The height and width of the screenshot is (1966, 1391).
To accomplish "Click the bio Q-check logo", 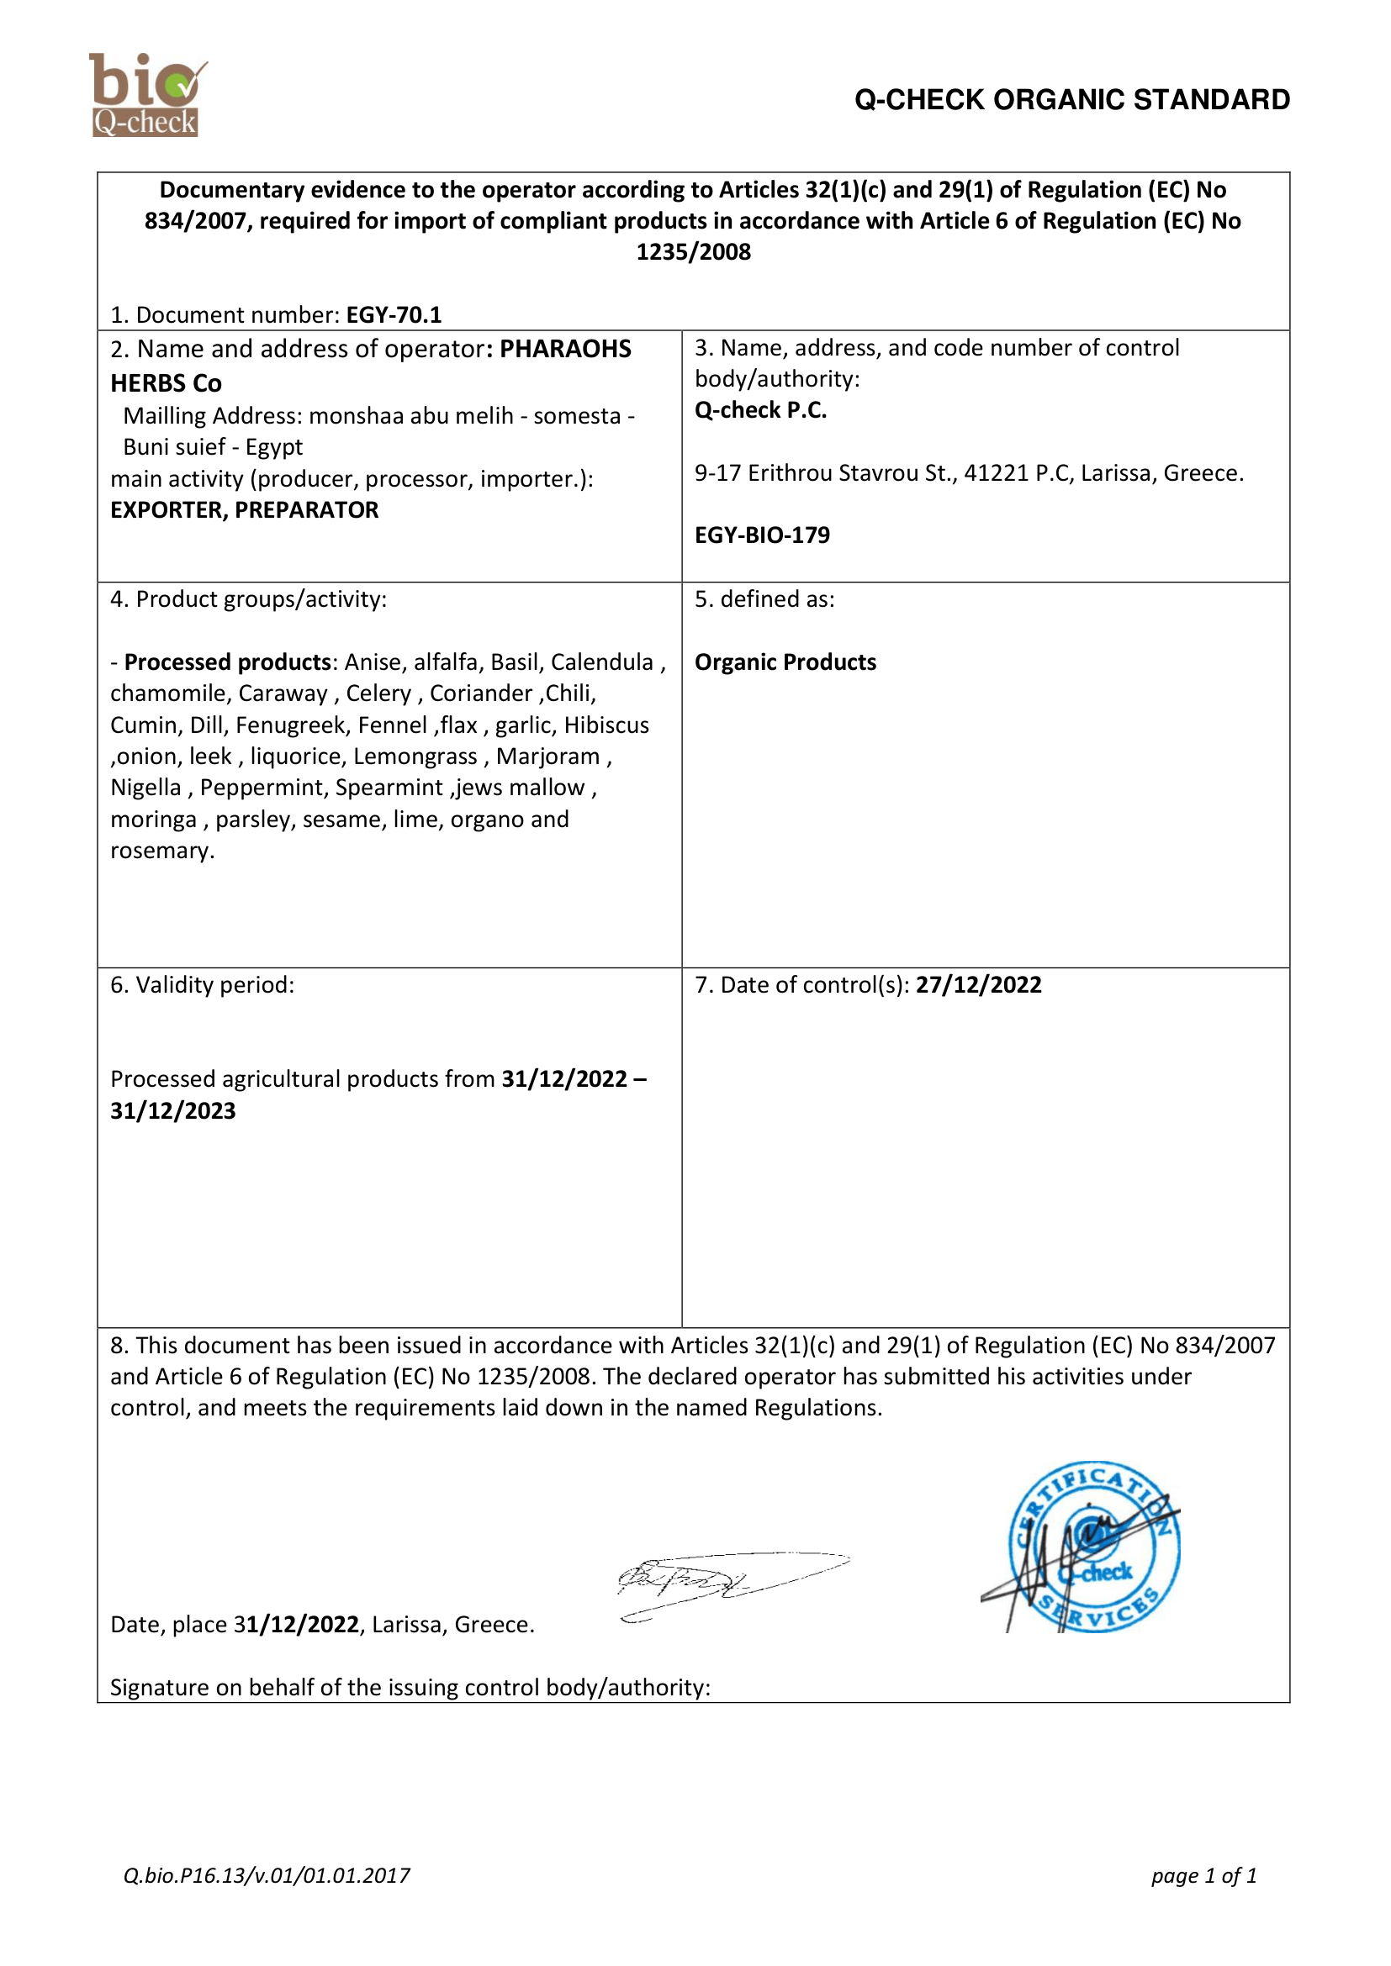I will (x=146, y=94).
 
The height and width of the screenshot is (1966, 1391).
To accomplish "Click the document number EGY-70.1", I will (x=393, y=315).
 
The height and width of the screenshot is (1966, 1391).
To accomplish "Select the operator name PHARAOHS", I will (x=565, y=350).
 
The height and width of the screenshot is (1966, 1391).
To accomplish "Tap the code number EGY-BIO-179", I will (x=761, y=535).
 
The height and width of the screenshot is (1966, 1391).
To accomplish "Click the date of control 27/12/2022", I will (x=978, y=985).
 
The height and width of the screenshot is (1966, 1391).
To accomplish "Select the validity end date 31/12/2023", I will (x=173, y=1110).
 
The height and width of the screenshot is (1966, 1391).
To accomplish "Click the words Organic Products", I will (x=785, y=661).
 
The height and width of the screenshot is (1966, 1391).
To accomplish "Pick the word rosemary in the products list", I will (x=161, y=851).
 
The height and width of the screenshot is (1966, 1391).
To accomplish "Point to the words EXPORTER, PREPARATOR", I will (x=244, y=510).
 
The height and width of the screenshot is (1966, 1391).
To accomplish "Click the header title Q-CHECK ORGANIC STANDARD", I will (x=1071, y=100).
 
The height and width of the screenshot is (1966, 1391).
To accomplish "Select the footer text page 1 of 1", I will (x=1203, y=1875).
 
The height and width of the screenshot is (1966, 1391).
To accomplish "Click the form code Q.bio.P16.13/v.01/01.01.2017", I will (x=267, y=1875).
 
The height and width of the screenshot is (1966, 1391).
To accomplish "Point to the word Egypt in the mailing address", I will (x=274, y=447).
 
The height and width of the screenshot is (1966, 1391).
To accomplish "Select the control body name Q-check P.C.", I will (x=760, y=410).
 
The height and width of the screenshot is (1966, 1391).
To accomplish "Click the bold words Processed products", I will (x=228, y=661).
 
